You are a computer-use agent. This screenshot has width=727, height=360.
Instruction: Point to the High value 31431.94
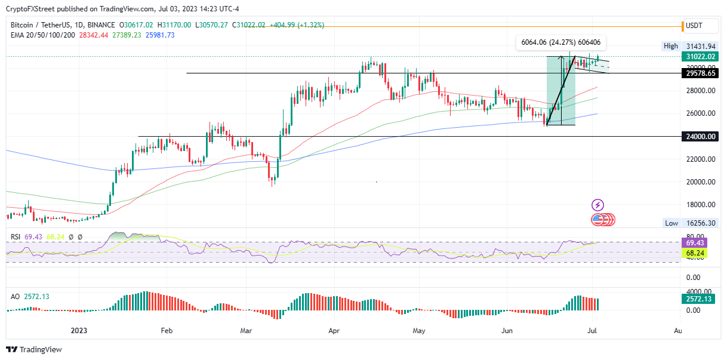coord(700,46)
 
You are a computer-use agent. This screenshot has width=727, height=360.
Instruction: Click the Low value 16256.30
coord(700,223)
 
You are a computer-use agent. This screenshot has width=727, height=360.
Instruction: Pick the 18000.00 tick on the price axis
coord(700,205)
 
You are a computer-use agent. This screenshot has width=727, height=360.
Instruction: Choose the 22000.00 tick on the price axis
coord(700,159)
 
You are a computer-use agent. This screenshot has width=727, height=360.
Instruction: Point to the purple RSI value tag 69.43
coord(696,243)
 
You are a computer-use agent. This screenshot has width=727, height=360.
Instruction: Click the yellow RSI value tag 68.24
coord(696,253)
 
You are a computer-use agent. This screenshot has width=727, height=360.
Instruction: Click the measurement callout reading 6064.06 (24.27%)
coord(560,42)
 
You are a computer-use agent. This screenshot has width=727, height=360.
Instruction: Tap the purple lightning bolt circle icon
coord(597,205)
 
